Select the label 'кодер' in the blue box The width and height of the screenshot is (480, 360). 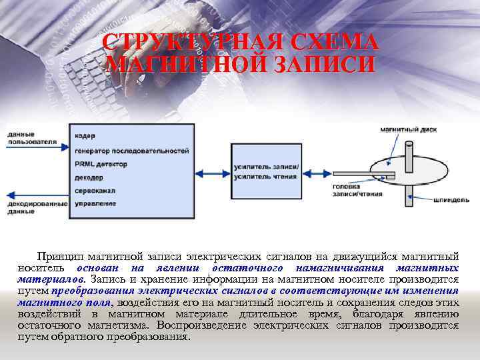[x=85, y=136]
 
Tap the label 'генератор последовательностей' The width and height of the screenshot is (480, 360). [x=131, y=151]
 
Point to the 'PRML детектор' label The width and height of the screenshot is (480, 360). [x=101, y=164]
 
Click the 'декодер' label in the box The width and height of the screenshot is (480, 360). [x=89, y=177]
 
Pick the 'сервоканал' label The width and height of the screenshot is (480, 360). [x=95, y=191]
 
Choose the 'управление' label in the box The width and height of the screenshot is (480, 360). [x=95, y=203]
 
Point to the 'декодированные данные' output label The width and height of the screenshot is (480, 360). [x=37, y=207]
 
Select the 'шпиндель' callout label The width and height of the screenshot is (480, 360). [x=451, y=199]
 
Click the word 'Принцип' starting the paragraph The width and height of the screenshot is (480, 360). [x=57, y=257]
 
